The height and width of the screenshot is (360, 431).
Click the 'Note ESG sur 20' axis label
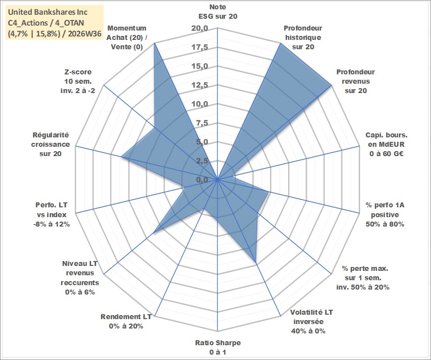pyautogui.click(x=218, y=11)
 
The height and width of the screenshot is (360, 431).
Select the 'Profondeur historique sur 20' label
pyautogui.click(x=303, y=37)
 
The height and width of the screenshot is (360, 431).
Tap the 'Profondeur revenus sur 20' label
pyautogui.click(x=356, y=81)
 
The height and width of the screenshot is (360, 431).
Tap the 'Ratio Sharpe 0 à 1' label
pyautogui.click(x=218, y=347)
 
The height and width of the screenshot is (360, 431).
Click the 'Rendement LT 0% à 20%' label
pyautogui.click(x=126, y=321)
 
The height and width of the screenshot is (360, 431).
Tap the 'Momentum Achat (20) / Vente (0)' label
pyautogui.click(x=127, y=37)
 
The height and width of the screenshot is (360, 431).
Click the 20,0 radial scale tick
pyautogui.click(x=200, y=28)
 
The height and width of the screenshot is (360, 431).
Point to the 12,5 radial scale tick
pyautogui.click(x=200, y=85)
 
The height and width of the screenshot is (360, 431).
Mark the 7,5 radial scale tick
pyautogui.click(x=202, y=123)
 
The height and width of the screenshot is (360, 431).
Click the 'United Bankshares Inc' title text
pyautogui.click(x=48, y=12)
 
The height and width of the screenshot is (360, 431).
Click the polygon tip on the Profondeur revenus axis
pyautogui.click(x=332, y=86)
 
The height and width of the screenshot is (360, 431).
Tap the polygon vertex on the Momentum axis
pyautogui.click(x=155, y=42)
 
